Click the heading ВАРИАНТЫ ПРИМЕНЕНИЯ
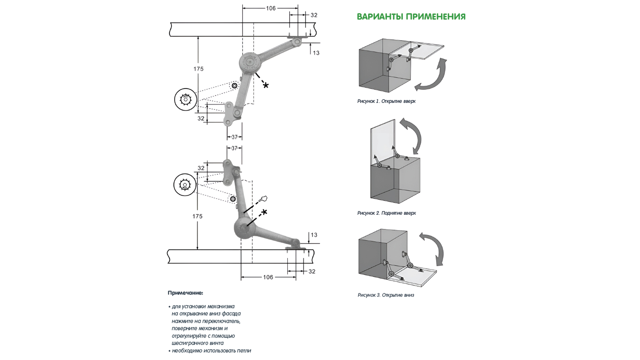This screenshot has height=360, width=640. pos(411,17)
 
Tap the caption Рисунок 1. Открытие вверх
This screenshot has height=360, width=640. pos(386,101)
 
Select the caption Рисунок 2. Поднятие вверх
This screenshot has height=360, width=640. pos(386,213)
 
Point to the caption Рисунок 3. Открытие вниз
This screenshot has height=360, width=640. pos(386,295)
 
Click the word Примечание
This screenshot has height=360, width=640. pos(185,293)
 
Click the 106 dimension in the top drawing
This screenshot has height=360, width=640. pos(271,8)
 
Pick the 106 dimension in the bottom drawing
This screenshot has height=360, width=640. pos(268,277)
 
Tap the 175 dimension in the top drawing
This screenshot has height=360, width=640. pos(198,69)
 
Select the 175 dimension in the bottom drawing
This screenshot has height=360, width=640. pos(197,216)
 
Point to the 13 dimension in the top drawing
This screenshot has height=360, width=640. pos(316,53)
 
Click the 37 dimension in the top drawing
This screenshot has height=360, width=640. pos(234,137)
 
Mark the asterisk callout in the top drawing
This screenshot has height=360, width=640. pos(265,86)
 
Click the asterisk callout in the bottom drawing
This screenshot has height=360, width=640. pos(264,212)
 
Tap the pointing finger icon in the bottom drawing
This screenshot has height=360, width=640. pos(264,199)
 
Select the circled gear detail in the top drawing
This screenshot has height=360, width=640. pos(185,99)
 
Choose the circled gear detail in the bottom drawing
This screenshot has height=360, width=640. pos(185,185)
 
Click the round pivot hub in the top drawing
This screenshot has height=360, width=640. pos(249,62)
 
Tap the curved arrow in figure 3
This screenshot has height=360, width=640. pos(433,248)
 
